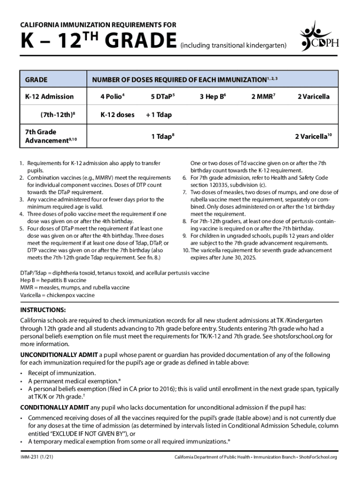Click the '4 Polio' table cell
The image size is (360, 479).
112,97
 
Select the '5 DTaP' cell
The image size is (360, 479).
162,97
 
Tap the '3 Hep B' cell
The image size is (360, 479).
213,97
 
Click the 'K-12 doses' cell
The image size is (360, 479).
117,115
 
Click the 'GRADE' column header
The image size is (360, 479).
36,80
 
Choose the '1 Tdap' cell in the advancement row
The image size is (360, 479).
162,136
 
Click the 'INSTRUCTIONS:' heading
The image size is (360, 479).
43,310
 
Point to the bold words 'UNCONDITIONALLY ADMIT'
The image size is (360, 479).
59,355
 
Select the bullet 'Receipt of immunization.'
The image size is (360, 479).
62,373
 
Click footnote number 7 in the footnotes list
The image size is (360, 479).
184,192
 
